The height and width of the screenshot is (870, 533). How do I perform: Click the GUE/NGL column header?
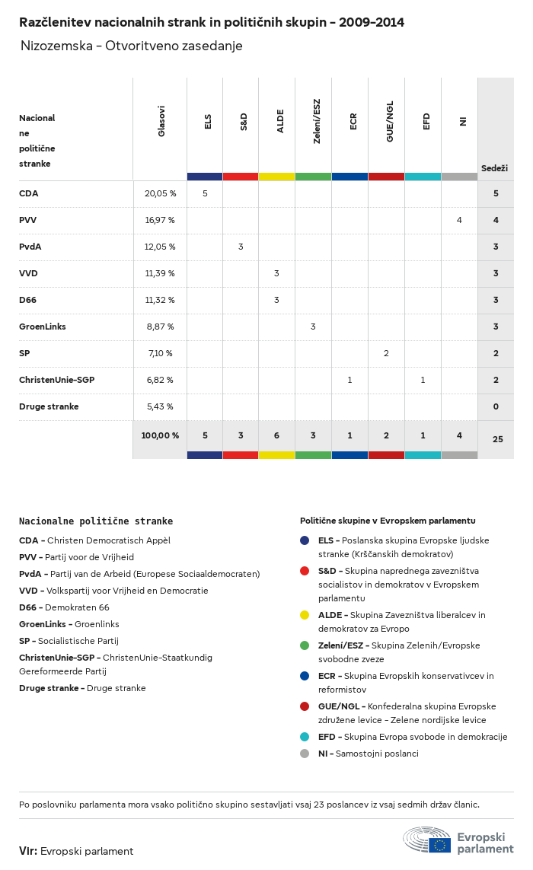(390, 121)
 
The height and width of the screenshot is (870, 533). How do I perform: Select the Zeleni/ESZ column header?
(317, 121)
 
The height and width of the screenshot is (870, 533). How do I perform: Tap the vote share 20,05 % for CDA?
(161, 193)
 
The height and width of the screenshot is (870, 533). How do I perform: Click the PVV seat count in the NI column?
(459, 220)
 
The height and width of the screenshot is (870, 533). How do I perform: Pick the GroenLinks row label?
(42, 327)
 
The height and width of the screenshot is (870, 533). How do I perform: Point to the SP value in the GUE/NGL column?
(387, 353)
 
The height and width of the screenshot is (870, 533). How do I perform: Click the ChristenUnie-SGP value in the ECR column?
(349, 380)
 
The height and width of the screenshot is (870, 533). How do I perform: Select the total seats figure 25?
(497, 439)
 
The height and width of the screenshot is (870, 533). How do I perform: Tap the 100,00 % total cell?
(160, 435)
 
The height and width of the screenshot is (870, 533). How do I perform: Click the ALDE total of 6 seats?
(276, 435)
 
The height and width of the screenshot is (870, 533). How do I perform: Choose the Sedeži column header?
(494, 168)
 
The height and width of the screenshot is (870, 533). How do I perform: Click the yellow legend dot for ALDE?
(305, 615)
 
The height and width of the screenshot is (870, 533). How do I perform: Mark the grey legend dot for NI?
(305, 754)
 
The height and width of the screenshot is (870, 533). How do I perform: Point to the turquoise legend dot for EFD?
(305, 737)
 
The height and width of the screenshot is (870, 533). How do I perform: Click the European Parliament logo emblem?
(427, 840)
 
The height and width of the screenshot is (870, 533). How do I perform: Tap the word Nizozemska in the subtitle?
(56, 46)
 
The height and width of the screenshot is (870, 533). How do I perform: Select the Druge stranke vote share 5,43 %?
(160, 406)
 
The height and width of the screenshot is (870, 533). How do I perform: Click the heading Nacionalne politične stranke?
(96, 521)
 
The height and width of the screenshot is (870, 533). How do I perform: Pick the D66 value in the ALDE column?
(276, 300)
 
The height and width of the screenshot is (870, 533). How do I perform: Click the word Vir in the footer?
(27, 851)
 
